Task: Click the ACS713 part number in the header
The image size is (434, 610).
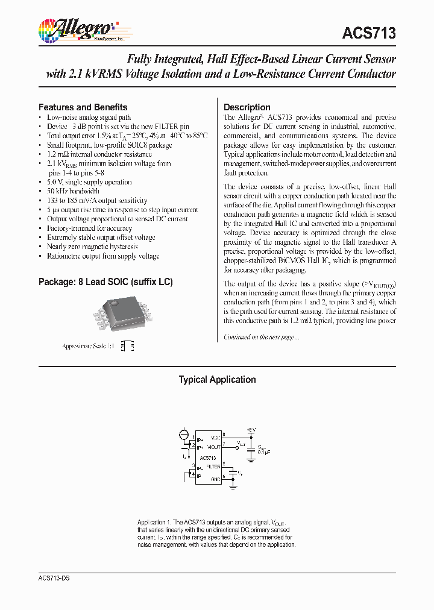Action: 369,33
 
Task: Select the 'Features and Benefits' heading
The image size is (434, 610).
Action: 83,107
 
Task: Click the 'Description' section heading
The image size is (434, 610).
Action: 247,107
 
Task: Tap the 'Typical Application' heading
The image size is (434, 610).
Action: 217,380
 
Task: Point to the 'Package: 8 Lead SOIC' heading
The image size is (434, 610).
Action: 105,282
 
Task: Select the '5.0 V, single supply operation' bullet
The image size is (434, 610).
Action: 89,182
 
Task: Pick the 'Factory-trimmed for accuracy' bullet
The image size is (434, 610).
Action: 89,228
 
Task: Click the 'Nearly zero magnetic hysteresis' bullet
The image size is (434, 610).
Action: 92,247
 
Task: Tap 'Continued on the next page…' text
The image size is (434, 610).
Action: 261,337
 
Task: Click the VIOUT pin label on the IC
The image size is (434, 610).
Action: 214,447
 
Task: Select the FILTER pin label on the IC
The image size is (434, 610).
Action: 213,467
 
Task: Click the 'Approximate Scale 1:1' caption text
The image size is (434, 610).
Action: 88,347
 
